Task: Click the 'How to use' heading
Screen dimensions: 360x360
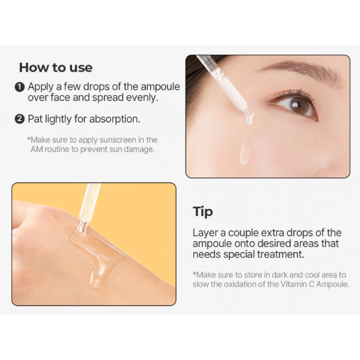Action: tap(56, 67)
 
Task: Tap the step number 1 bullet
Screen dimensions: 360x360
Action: tap(20, 87)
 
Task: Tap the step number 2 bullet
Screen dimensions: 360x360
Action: tap(20, 119)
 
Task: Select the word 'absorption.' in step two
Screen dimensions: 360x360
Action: tap(115, 119)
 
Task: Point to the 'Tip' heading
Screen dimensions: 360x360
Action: tap(203, 212)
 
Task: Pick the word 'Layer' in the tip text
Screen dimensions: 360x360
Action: tap(205, 233)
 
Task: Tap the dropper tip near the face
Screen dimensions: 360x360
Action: tap(249, 118)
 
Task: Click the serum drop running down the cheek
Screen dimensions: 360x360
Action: tap(244, 152)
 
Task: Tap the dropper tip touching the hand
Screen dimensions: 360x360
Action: tap(82, 227)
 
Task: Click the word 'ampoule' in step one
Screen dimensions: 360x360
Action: tap(160, 87)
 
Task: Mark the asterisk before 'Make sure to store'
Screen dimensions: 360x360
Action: tap(194, 274)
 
